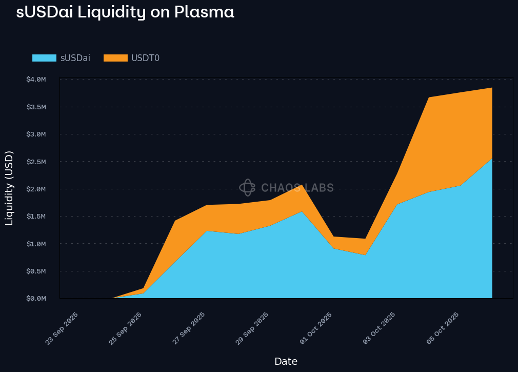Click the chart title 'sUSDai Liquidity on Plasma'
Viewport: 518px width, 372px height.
click(x=125, y=12)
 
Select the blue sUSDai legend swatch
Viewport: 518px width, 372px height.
click(x=44, y=58)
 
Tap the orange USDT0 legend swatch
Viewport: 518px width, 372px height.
click(x=115, y=58)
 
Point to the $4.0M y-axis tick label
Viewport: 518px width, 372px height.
click(x=36, y=80)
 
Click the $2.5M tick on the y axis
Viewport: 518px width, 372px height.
click(x=36, y=162)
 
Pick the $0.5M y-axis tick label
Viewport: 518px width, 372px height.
click(x=36, y=271)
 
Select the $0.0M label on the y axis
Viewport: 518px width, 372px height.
click(x=36, y=298)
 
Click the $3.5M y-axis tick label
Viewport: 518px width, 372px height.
click(x=36, y=107)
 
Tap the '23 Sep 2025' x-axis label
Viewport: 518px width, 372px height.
click(x=62, y=328)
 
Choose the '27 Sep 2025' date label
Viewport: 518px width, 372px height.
click(x=189, y=328)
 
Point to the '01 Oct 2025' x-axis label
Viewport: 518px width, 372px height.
click(x=316, y=328)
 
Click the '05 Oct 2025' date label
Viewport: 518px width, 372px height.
click(x=443, y=328)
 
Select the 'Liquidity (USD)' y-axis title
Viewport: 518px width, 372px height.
click(x=9, y=188)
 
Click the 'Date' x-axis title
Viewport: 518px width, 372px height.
click(x=286, y=361)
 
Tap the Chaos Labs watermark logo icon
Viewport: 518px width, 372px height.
click(x=247, y=188)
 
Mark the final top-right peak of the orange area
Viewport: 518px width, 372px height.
click(x=492, y=88)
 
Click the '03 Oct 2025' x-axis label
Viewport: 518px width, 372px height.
click(x=380, y=328)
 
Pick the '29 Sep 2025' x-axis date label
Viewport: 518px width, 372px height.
click(x=252, y=328)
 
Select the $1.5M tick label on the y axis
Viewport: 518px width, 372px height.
click(x=36, y=216)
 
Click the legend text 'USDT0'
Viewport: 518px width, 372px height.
click(x=145, y=58)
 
